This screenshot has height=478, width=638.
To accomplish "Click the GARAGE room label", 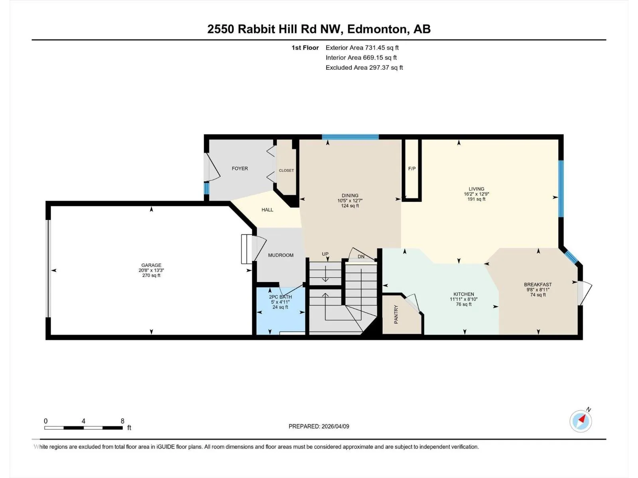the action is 151,265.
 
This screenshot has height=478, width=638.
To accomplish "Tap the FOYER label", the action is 240,168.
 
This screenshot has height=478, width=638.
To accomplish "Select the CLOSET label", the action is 286,170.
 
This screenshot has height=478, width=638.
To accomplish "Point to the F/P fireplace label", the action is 412,168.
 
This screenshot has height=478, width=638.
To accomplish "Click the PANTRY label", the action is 396,314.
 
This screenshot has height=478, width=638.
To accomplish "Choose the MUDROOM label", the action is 281,255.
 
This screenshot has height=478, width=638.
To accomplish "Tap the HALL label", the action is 268,210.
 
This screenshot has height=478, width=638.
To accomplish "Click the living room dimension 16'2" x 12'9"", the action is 477,194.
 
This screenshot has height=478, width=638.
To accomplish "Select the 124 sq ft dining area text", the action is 350,206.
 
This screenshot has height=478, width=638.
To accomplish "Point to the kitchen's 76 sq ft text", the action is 464,304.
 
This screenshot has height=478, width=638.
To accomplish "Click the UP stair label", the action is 325,254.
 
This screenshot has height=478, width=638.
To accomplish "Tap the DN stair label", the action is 361,257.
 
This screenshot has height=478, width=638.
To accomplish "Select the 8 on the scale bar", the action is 122,421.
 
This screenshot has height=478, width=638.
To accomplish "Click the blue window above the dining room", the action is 350,137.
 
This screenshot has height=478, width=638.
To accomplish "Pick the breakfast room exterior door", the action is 585,293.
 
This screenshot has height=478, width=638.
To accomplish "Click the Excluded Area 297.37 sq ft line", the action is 364,68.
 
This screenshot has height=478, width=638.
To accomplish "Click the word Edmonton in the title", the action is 377,29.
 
